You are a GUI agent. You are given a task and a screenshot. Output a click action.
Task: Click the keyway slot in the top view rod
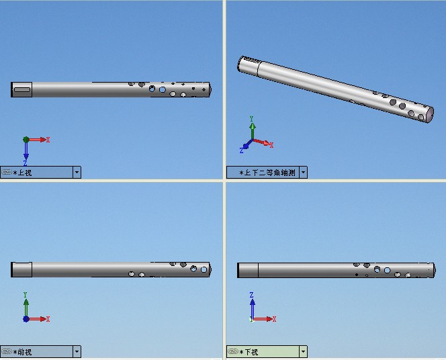tap(22, 90)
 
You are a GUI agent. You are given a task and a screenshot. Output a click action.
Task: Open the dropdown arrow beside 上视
tap(77, 173)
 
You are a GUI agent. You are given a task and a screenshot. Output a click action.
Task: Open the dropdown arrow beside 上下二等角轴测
tap(303, 173)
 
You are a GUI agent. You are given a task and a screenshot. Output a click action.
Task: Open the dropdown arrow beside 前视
tap(77, 352)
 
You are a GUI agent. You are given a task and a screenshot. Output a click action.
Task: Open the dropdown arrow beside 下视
tap(303, 352)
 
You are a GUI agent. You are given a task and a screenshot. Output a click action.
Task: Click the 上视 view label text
tap(24, 173)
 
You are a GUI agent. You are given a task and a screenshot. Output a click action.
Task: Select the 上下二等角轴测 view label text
tap(269, 173)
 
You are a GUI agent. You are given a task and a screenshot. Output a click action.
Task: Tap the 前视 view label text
tap(24, 352)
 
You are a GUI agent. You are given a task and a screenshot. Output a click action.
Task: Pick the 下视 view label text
tap(251, 352)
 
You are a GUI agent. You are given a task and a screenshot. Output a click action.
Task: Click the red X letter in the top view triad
tap(48, 140)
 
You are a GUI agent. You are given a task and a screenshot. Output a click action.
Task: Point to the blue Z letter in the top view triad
tap(26, 163)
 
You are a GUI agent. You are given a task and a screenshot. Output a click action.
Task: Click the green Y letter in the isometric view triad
tap(251, 119)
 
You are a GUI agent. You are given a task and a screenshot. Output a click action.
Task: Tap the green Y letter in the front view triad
tap(25, 295)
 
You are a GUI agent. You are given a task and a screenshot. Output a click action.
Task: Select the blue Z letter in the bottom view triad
tap(251, 295)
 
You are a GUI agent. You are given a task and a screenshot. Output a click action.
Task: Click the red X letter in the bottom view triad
tap(274, 319)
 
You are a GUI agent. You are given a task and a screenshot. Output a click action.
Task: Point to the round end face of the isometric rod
tap(429, 115)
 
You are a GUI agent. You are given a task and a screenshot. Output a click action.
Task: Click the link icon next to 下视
tap(233, 351)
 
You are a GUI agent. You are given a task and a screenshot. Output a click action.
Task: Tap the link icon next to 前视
tap(7, 351)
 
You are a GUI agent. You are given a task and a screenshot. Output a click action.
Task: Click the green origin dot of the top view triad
tap(26, 140)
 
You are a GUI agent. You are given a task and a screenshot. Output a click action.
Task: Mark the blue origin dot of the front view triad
tap(26, 319)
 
